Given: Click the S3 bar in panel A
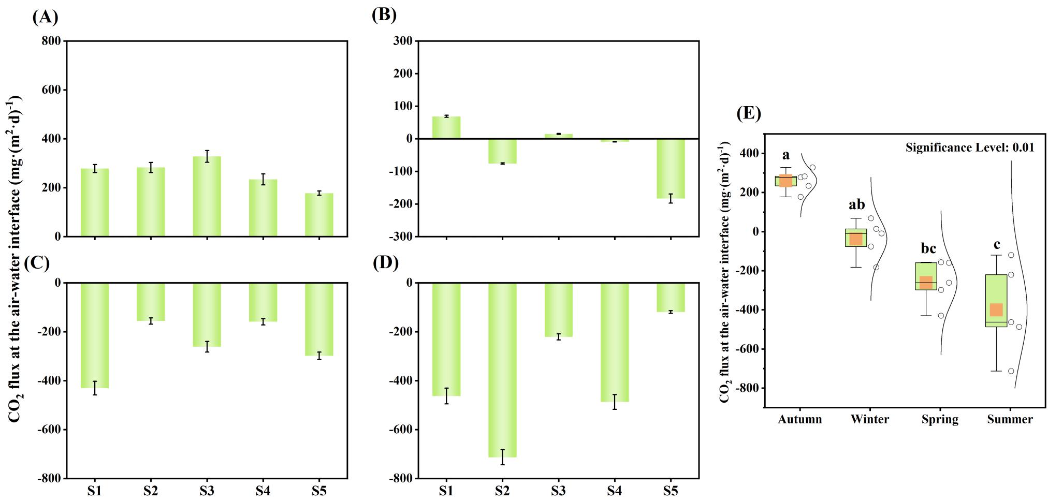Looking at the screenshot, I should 207,197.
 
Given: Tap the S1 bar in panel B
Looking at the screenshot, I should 446,128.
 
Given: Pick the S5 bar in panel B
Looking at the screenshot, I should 671,168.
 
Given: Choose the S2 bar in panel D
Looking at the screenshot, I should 502,370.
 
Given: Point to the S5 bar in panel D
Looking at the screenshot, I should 671,297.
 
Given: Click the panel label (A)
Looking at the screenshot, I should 45,17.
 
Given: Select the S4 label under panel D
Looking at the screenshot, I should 614,490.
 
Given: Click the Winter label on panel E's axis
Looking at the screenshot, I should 870,419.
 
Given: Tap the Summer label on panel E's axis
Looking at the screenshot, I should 1010,419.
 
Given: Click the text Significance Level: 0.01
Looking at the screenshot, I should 969,148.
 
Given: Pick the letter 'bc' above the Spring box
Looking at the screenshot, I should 928,249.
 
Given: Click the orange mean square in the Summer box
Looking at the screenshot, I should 996,310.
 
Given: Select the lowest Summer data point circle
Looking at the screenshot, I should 1011,371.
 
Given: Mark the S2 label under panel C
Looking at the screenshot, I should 151,490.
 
